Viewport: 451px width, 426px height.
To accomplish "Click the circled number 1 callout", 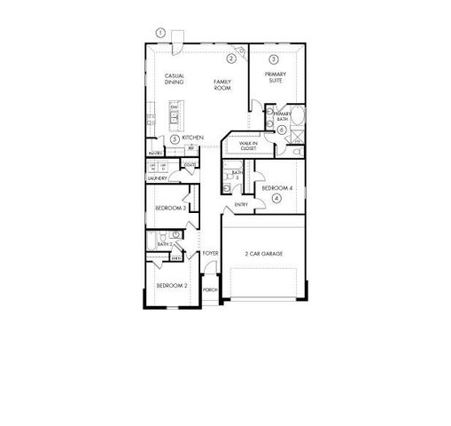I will [x=160, y=33].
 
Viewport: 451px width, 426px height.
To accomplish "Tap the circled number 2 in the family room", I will [x=230, y=59].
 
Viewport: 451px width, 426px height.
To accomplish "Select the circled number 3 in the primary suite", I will [x=274, y=59].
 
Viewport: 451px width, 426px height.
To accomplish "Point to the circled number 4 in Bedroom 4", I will [x=276, y=199].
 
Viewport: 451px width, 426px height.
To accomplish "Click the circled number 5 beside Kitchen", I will [x=175, y=139].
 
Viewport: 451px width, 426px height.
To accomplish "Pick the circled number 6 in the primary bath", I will [x=281, y=130].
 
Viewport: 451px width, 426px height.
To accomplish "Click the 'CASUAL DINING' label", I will [x=175, y=80].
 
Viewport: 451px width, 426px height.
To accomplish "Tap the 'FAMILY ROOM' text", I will [x=222, y=85].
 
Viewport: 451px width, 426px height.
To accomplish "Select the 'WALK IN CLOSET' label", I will [x=248, y=145].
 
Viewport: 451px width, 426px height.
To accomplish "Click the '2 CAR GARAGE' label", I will [x=264, y=254].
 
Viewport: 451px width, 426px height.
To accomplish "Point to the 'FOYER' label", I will [x=210, y=254].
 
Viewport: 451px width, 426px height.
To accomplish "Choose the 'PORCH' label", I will [x=210, y=289].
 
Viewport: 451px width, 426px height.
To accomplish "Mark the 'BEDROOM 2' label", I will [x=171, y=286].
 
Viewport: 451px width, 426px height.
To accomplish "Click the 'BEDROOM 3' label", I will [x=169, y=208].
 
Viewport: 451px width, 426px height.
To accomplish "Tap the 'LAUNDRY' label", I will [x=158, y=178].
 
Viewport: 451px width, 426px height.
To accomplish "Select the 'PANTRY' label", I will [x=154, y=153].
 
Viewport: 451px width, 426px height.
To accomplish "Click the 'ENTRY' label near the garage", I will [x=241, y=206].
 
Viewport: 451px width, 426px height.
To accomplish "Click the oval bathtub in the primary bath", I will [x=297, y=115].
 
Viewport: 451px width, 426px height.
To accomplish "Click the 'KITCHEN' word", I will [x=194, y=138].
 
